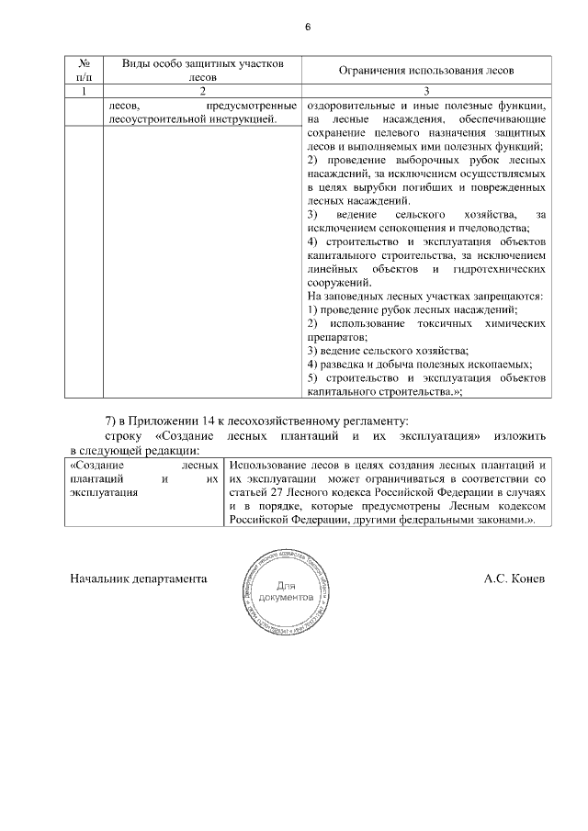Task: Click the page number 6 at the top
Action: (x=308, y=28)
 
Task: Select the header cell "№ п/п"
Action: (x=84, y=70)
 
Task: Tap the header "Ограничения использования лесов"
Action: (x=426, y=70)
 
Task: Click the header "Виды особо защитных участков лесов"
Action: (x=201, y=70)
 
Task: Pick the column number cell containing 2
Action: (x=201, y=91)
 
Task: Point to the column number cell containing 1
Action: (x=84, y=91)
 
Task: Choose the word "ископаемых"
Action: (x=500, y=365)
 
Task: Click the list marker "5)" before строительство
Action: (x=311, y=378)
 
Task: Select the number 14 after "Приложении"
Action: (x=207, y=420)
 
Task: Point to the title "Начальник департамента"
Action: (x=138, y=579)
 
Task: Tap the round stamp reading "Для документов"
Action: (x=286, y=592)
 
